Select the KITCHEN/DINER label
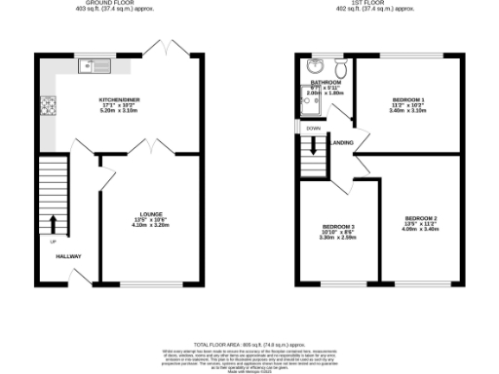point(122,100)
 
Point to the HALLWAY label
point(67,257)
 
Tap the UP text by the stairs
point(53,242)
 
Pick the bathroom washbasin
point(315,66)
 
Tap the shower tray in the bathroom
point(315,103)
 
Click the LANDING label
point(342,142)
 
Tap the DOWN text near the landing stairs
point(313,129)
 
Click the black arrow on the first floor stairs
point(313,147)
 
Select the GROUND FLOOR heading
point(121,4)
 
